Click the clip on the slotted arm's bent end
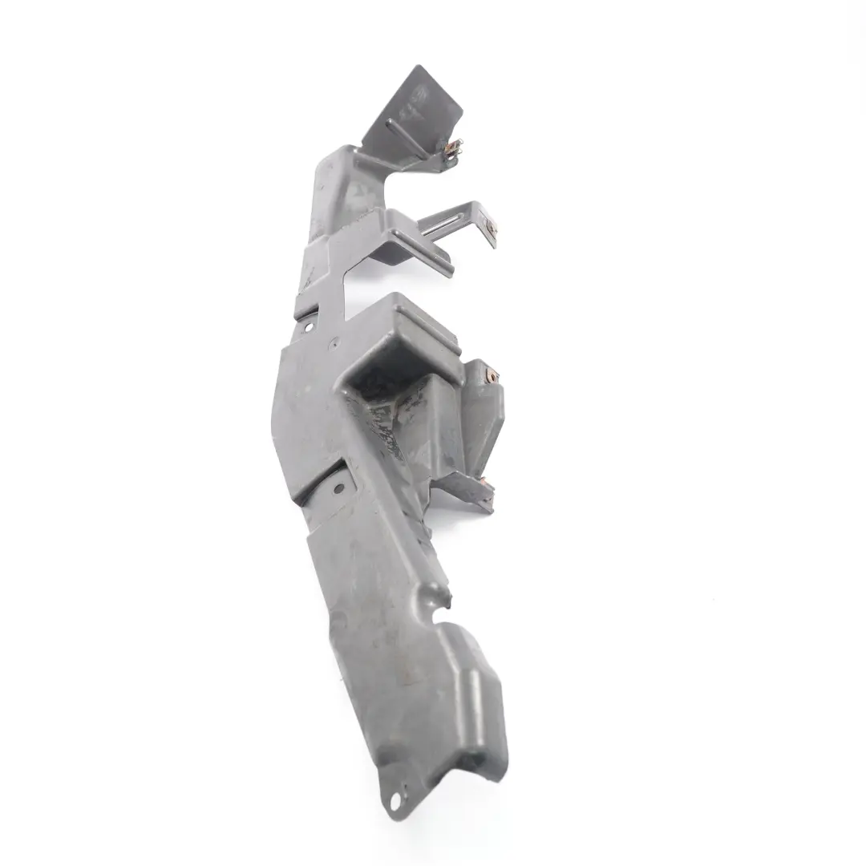coord(491,229)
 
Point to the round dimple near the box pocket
coord(335,342)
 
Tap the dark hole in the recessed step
coord(338,487)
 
